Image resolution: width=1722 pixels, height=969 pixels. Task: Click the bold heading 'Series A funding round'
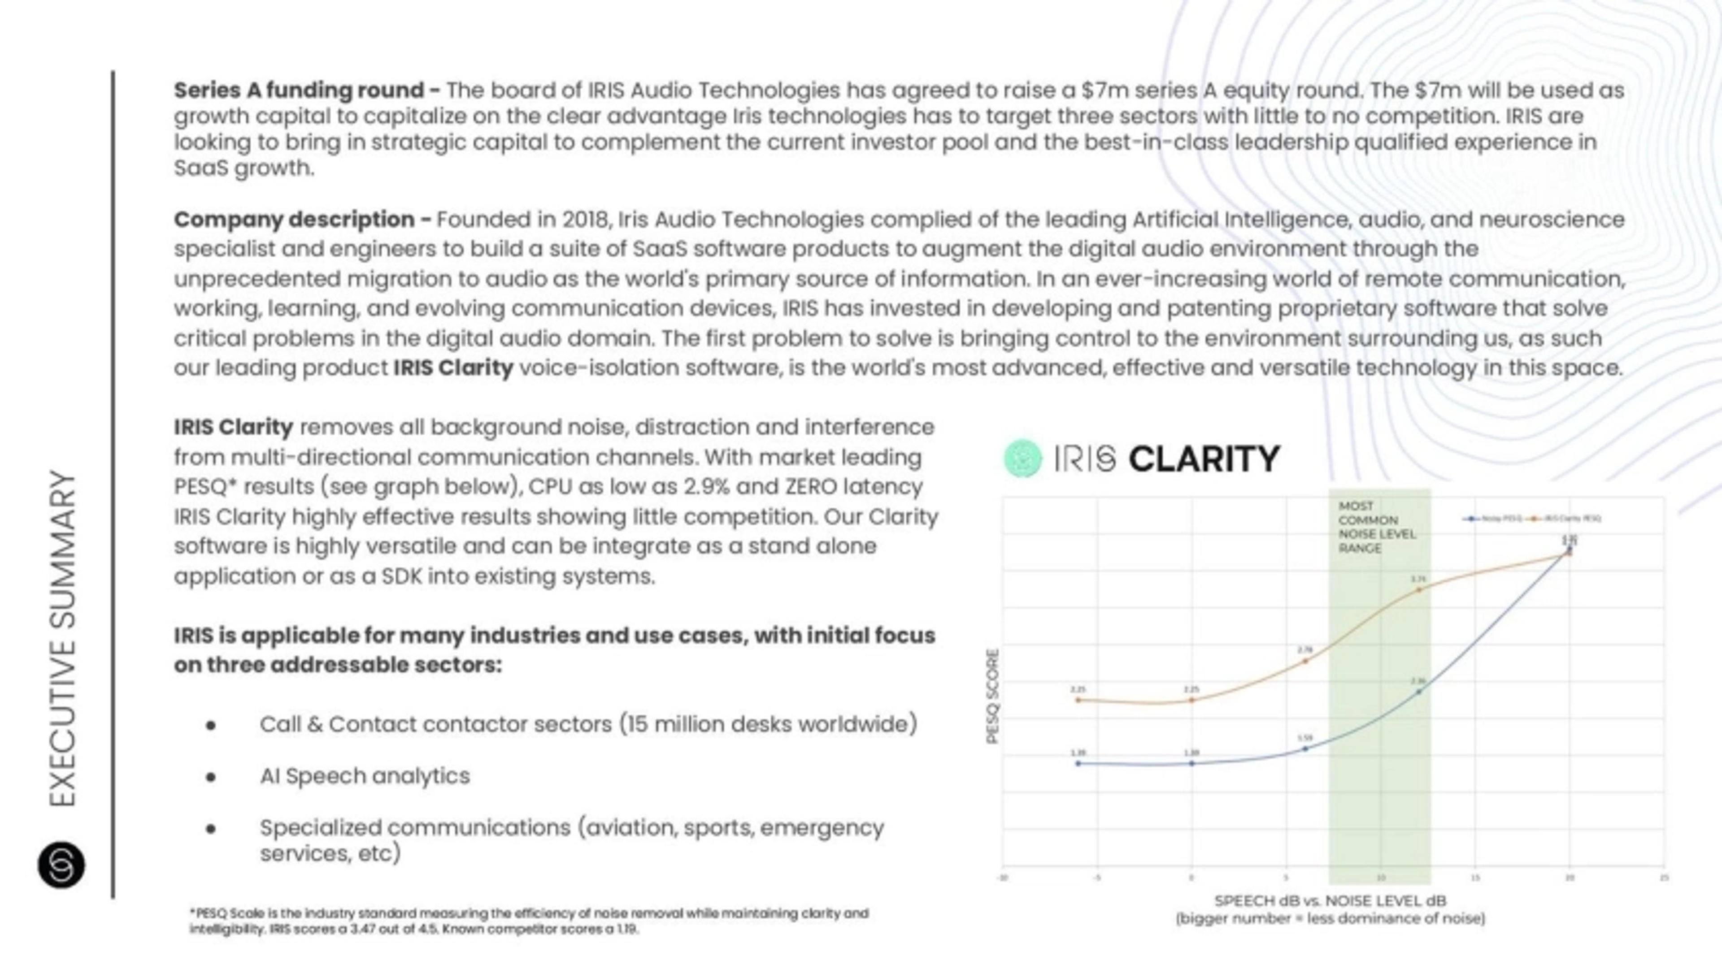tap(299, 90)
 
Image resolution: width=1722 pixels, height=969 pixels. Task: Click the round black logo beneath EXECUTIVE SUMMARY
tap(61, 865)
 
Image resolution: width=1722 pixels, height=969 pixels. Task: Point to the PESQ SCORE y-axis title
tap(993, 696)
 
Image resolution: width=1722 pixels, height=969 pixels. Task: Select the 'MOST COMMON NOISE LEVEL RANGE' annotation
tap(1376, 527)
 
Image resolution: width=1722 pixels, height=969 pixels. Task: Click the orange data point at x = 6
tap(1305, 661)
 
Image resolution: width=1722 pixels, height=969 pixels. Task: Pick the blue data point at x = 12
tap(1418, 692)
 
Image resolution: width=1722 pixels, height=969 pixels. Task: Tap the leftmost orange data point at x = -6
tap(1078, 700)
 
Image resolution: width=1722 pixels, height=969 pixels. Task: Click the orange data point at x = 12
tap(1418, 589)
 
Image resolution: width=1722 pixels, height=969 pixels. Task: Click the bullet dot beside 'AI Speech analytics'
tap(211, 777)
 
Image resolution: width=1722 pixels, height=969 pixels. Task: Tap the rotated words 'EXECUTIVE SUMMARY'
tap(63, 638)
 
